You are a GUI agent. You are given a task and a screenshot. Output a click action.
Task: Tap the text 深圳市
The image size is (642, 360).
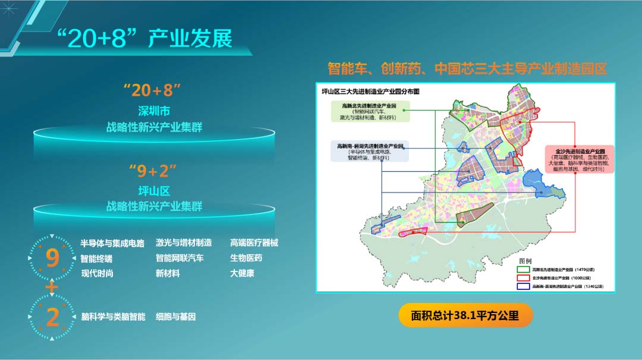pos(154,111)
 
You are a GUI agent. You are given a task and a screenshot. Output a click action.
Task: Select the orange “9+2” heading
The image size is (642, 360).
pos(153,172)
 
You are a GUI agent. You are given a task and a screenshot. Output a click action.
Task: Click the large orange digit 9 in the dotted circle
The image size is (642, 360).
pos(52,258)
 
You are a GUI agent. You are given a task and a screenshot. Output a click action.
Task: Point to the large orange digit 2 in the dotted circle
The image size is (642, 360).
pos(52,317)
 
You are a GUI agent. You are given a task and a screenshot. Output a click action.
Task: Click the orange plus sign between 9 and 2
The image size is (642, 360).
pos(52,288)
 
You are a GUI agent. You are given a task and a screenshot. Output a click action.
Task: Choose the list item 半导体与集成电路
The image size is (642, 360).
pos(112,244)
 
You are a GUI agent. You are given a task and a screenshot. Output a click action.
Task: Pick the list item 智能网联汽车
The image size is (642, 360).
pos(180,258)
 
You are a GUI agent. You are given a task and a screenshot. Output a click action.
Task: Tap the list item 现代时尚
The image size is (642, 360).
pos(97,273)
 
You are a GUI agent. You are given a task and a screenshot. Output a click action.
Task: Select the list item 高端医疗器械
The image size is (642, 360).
pos(254,243)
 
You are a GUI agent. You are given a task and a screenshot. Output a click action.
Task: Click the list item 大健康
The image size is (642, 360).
pos(242,273)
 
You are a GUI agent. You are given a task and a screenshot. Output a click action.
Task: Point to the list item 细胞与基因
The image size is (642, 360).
pos(175,317)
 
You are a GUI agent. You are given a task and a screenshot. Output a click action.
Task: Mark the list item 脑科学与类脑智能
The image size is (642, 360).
pos(113,317)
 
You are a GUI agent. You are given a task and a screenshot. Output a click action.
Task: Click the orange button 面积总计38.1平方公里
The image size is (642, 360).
pos(465,315)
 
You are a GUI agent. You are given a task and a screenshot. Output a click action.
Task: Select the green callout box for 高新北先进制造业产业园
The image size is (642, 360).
pos(369,111)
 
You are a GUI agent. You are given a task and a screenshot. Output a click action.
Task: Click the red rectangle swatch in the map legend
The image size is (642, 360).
pos(524,277)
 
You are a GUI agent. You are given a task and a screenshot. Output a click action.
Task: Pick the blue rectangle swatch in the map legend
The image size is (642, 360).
pos(524,286)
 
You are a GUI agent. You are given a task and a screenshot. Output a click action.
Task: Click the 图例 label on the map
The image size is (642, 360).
pos(525,261)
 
